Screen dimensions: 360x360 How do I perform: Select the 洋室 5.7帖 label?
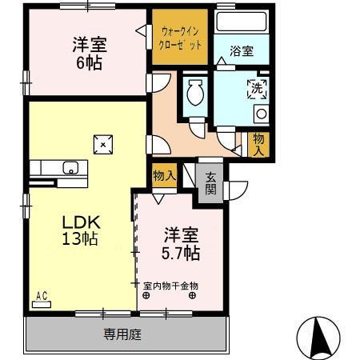(x=182, y=243)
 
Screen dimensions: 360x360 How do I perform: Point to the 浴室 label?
(x=242, y=51)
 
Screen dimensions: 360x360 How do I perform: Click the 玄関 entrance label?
(x=210, y=183)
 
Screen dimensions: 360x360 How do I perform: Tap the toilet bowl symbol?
(x=194, y=94)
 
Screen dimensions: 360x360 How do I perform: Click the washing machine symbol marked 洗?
(x=257, y=88)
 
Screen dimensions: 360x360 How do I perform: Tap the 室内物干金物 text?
(x=170, y=285)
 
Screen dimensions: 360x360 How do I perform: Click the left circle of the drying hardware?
(x=146, y=295)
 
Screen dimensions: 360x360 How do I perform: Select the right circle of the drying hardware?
(x=193, y=295)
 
